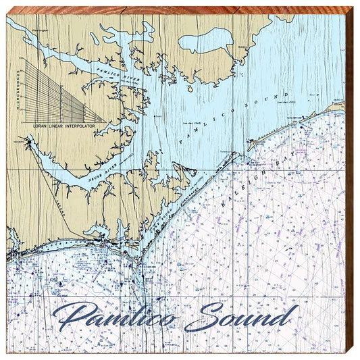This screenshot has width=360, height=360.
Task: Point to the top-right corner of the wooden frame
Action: point(354,6)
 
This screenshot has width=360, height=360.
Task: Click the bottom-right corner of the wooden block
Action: point(354,354)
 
